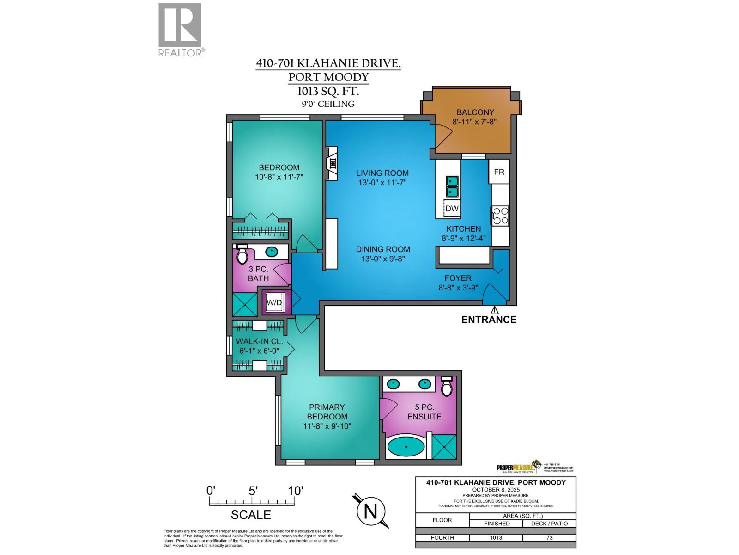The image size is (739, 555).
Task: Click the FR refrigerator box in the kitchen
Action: [x=499, y=172]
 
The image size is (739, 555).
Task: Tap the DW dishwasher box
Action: [x=452, y=209]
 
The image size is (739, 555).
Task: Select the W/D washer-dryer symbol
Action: [x=274, y=302]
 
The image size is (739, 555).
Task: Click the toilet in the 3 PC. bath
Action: [x=242, y=254]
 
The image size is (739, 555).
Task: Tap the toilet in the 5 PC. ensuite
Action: [x=446, y=387]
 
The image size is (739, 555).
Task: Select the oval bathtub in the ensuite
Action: [x=406, y=447]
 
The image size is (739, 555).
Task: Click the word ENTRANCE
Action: [x=489, y=320]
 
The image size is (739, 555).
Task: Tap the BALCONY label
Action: [x=475, y=112]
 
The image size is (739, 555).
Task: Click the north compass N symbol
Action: [x=371, y=512]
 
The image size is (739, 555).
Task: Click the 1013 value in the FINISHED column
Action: [x=496, y=538]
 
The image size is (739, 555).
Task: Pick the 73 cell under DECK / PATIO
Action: [x=549, y=538]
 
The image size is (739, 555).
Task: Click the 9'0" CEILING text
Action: [x=328, y=104]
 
